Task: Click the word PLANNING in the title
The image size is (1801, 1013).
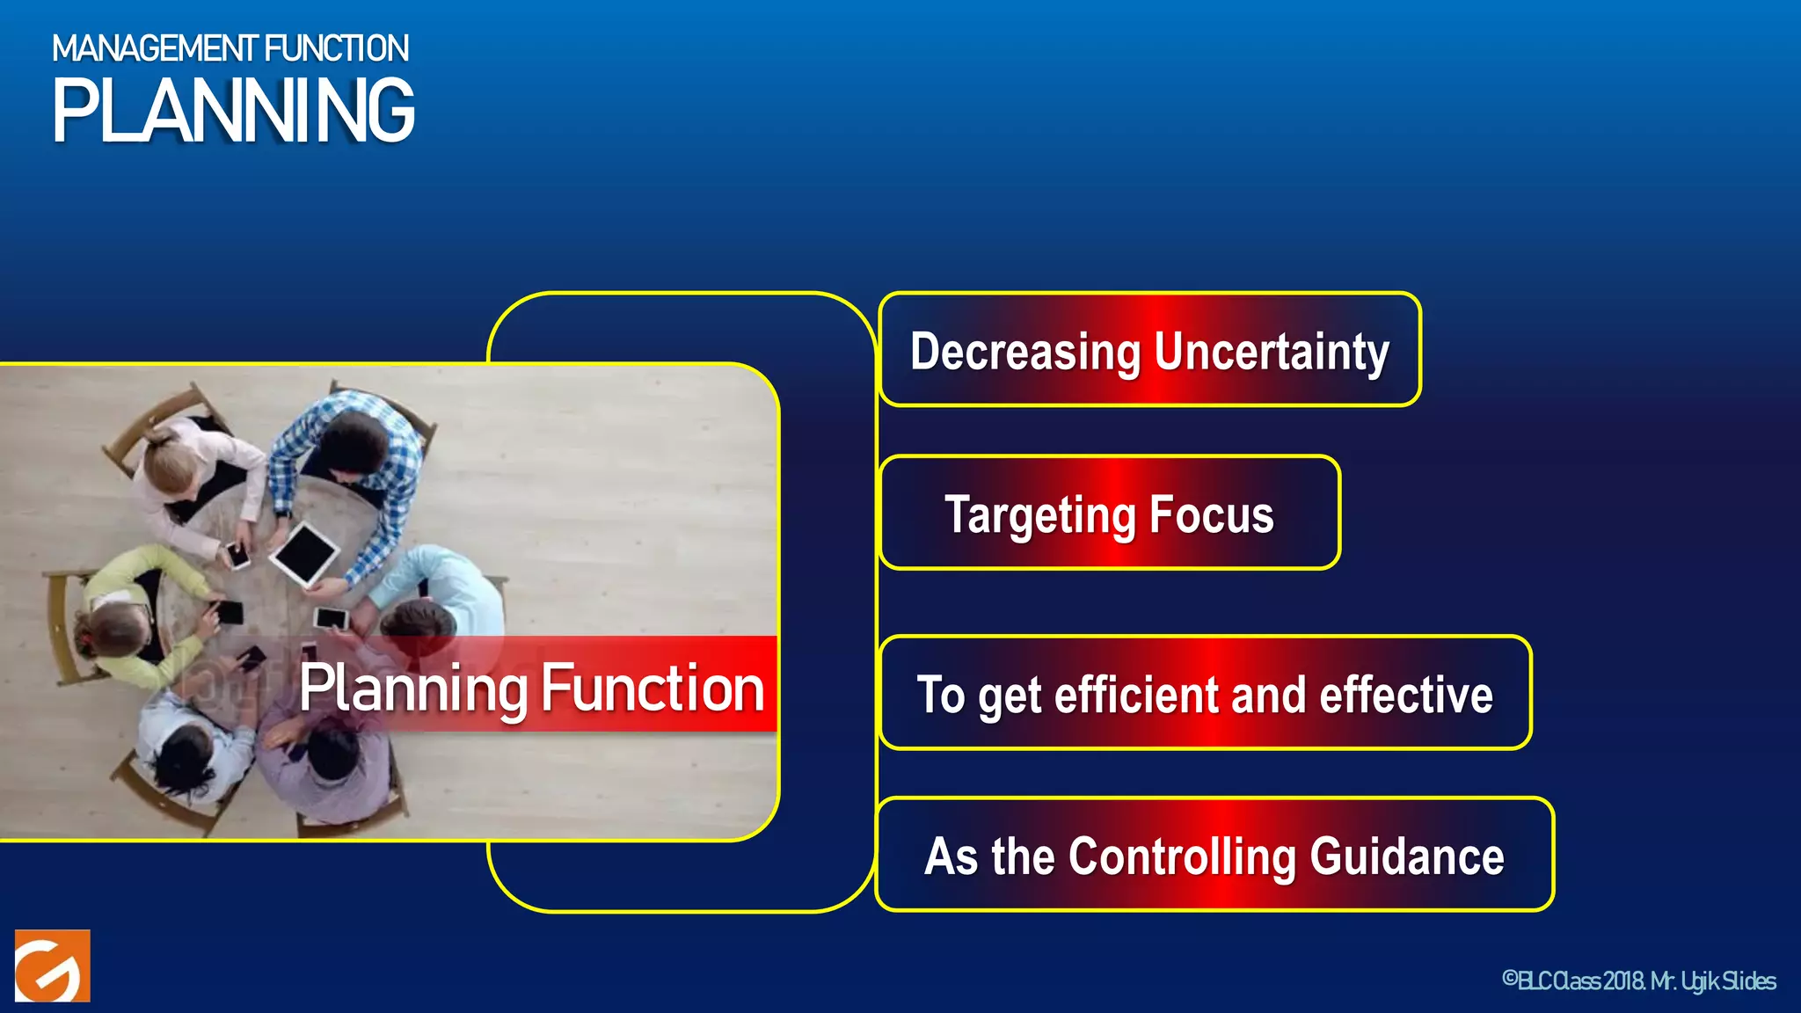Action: [233, 111]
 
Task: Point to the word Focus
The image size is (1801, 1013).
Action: [1211, 515]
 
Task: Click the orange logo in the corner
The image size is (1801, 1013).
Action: [53, 966]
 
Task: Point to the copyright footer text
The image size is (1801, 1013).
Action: [1638, 980]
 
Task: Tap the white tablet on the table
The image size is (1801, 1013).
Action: [304, 553]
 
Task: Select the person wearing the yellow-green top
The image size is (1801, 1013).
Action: [132, 607]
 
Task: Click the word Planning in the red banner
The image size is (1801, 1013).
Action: [413, 688]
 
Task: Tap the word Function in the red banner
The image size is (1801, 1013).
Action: [652, 688]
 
